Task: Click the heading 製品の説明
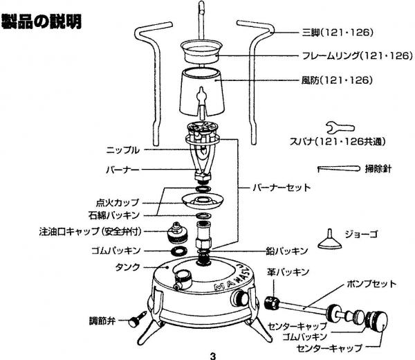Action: point(41,21)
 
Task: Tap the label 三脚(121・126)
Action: point(338,33)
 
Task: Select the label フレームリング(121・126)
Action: point(358,56)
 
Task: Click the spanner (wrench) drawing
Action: point(340,127)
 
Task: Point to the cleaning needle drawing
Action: point(339,169)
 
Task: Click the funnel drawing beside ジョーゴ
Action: point(330,240)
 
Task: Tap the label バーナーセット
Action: point(282,188)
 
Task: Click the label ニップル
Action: point(123,150)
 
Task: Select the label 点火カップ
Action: point(118,203)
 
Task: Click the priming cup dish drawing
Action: point(203,201)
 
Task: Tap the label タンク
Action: point(127,267)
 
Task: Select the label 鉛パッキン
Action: point(287,251)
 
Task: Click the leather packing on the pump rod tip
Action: point(272,303)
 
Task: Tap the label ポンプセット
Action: point(371,285)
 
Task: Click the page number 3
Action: point(213,356)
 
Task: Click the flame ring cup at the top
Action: point(201,51)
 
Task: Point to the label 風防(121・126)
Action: point(338,80)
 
